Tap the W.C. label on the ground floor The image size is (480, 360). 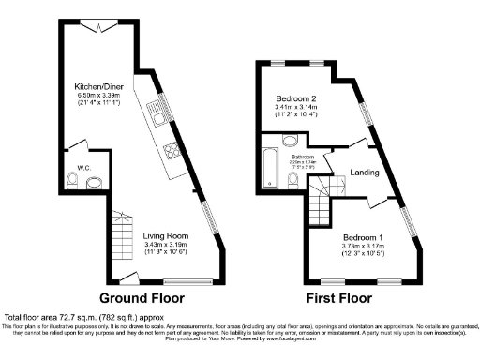(82, 170)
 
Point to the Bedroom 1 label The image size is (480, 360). (359, 236)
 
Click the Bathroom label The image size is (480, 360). (302, 157)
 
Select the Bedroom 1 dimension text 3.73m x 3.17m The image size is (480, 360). (359, 245)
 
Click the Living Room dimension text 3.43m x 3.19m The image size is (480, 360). (165, 244)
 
